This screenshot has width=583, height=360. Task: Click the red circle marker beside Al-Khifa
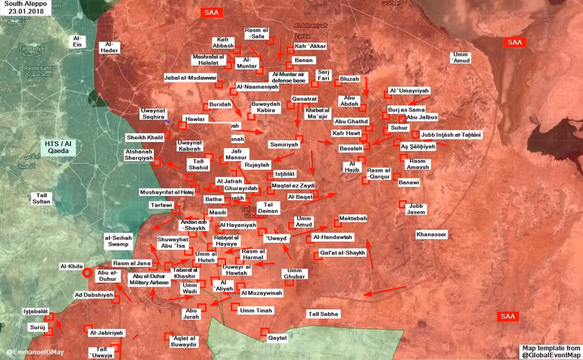pyautogui.click(x=87, y=272)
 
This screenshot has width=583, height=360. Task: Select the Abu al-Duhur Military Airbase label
pyautogui.click(x=149, y=279)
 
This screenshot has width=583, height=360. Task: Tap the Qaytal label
pyautogui.click(x=277, y=338)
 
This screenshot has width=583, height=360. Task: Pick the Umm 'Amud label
pyautogui.click(x=461, y=58)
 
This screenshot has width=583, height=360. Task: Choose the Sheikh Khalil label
pyautogui.click(x=145, y=137)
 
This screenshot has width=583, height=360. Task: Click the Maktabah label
pyautogui.click(x=353, y=218)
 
